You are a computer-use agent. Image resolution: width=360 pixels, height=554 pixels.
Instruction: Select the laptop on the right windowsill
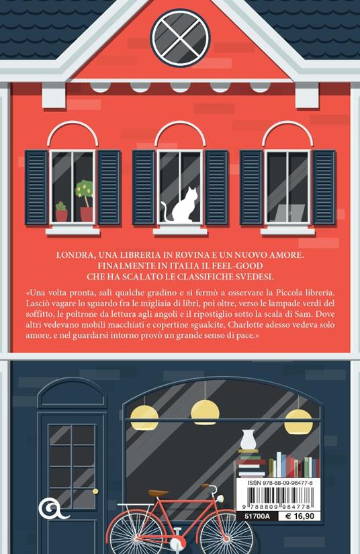287,213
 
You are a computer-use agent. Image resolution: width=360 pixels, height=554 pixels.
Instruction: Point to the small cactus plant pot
61,212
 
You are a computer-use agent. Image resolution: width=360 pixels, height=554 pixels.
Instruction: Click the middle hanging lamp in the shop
203,410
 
